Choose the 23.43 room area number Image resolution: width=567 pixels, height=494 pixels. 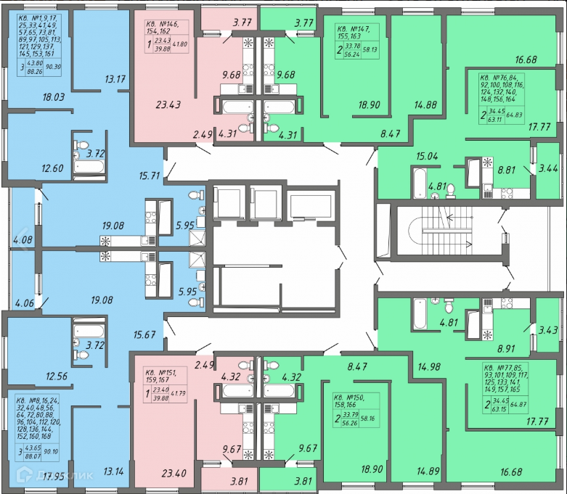168,104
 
